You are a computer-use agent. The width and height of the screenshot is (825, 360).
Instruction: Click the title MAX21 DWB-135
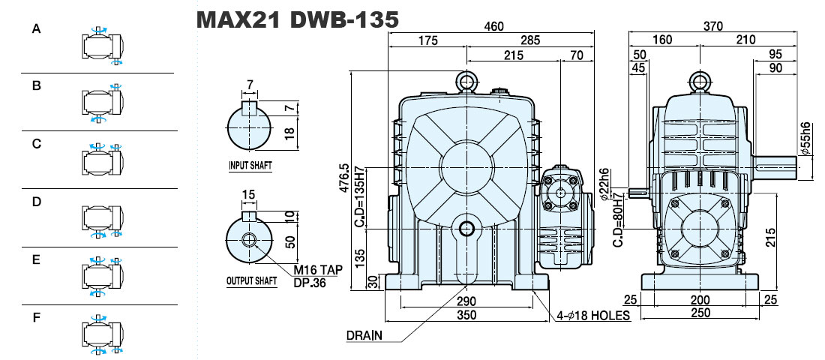pos(297,20)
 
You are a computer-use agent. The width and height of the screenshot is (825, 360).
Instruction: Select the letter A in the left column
pos(36,29)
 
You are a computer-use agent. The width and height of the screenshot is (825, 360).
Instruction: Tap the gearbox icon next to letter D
pos(103,217)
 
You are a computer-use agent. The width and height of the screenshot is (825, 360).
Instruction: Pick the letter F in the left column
pos(36,319)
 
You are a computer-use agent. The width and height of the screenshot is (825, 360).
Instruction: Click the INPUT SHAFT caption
pos(250,165)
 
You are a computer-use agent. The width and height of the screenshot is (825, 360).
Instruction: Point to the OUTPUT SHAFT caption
pos(251,281)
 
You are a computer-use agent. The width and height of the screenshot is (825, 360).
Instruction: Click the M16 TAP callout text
pos(318,270)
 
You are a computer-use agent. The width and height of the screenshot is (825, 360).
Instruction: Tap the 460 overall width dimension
pos(494,25)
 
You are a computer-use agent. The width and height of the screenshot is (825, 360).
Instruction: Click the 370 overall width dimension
pos(713,25)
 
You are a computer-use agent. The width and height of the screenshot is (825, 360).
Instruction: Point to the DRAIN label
pos(364,336)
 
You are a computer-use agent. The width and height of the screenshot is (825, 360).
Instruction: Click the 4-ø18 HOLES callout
pos(594,316)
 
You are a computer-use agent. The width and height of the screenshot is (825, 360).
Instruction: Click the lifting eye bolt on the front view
pos(466,82)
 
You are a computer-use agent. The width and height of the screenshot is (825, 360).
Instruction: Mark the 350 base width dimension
pos(466,315)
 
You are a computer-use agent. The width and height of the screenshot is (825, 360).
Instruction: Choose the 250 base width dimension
pos(700,313)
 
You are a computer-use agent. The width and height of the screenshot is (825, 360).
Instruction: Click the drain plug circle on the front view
pos(466,229)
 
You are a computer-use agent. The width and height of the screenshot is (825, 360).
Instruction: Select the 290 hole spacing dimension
pos(466,301)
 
